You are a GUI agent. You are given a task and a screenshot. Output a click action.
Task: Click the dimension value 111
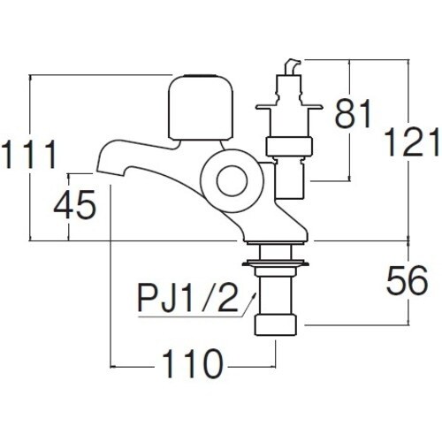click(x=29, y=156)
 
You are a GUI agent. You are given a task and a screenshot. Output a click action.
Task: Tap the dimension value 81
click(x=354, y=114)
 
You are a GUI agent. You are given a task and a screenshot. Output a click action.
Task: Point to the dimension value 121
click(x=413, y=141)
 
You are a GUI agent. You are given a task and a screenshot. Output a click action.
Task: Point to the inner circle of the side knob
click(x=231, y=182)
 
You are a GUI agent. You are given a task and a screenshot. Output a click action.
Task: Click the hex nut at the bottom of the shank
click(x=276, y=323)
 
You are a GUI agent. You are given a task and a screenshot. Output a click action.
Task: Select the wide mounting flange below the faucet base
click(x=277, y=260)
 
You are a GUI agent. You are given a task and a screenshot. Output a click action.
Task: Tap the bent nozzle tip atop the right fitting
click(x=291, y=67)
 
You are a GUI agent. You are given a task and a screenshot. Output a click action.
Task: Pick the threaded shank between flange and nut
click(x=276, y=287)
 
